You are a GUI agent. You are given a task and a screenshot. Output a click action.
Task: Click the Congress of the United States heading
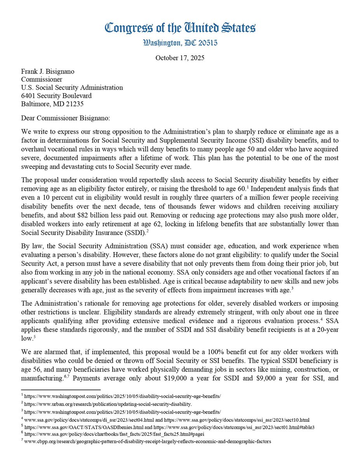(x=180, y=28)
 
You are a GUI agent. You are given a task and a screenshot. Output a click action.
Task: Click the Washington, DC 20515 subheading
(x=180, y=43)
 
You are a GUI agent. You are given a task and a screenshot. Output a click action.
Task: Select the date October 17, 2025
(x=180, y=58)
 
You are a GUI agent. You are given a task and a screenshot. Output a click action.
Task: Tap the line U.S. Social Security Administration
(x=72, y=88)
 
